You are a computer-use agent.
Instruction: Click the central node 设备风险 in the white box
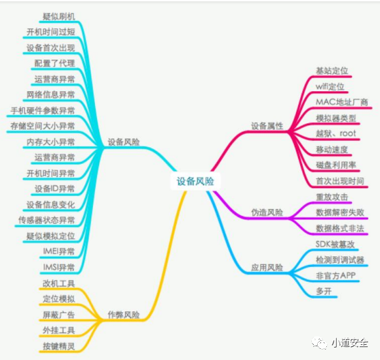coord(195,181)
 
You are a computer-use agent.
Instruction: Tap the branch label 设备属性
coord(267,126)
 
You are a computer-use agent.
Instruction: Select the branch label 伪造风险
coord(267,212)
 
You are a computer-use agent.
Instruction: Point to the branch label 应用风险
coord(267,268)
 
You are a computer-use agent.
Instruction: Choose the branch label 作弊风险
coord(124,315)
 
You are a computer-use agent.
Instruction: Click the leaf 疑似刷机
coord(59,16)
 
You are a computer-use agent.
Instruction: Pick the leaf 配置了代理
coord(55,64)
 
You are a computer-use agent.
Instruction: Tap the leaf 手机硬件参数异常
coord(43,111)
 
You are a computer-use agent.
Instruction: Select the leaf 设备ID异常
coord(55,189)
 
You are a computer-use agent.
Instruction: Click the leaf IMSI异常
coord(59,268)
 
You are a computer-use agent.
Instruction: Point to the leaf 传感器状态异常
coord(47,220)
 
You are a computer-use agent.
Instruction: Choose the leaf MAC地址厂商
coord(342,102)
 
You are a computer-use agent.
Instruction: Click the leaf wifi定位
coord(330,87)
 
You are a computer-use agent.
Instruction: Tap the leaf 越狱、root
coord(336,133)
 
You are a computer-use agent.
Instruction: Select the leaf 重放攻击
coord(332,197)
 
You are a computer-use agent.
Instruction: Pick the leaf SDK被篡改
coord(335,244)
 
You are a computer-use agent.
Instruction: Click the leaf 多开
coord(324,291)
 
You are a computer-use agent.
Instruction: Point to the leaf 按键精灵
coord(59,346)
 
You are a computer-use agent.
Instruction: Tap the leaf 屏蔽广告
coord(59,315)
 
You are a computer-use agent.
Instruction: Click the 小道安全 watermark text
coord(350,343)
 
